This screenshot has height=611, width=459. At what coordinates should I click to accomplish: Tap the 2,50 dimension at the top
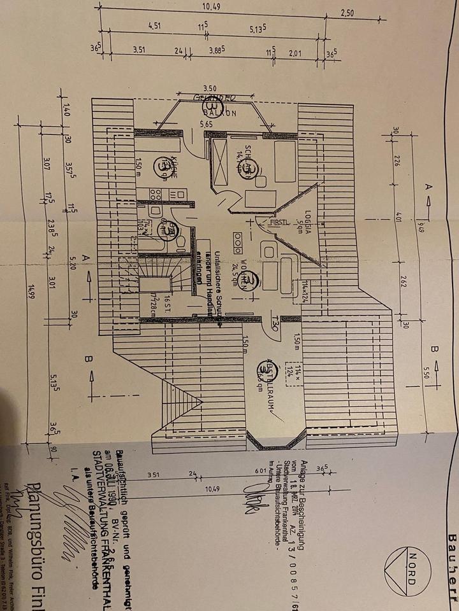[347, 13]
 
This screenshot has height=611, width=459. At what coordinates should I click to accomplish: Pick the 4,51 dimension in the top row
[154, 26]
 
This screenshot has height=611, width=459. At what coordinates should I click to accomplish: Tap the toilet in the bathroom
[180, 243]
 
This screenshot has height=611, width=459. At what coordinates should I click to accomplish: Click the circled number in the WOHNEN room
[253, 281]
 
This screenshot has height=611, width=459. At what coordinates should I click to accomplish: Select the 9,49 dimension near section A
[421, 226]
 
